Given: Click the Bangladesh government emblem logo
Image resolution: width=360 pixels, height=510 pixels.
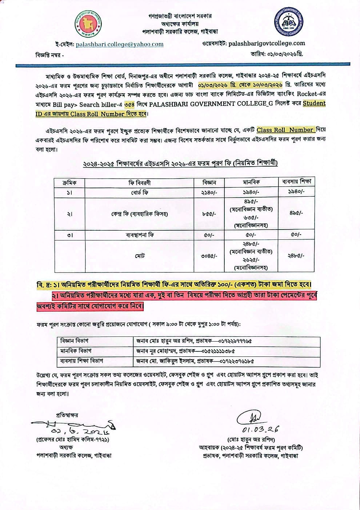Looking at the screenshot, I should pos(88,24).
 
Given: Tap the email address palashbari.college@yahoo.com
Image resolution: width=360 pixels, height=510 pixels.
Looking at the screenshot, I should pos(120,44).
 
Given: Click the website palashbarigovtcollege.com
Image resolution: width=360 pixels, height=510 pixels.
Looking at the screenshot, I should pos(267,43).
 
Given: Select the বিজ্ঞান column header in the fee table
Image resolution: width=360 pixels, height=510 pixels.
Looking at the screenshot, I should pos(209,182).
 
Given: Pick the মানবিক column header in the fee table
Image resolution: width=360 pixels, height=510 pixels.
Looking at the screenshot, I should pos(251,182).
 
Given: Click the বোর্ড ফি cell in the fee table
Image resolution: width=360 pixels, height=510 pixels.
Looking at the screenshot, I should pos(140,192).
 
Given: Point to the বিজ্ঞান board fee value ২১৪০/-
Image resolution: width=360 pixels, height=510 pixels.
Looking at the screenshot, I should pos(209,192).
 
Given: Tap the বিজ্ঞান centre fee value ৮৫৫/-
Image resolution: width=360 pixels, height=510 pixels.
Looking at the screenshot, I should pos(209,214).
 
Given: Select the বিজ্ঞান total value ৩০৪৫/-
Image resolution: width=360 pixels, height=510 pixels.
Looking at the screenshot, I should pos(209,256).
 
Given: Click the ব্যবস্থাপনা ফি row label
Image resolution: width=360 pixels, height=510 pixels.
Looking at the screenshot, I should pos(140,235).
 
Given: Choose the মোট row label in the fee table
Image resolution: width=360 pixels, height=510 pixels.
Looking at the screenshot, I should pos(140,256).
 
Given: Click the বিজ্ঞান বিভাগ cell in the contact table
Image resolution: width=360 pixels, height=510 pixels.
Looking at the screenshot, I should pos(75,341).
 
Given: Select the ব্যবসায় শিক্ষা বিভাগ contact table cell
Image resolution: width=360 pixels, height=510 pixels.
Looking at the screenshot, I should pos(82,361).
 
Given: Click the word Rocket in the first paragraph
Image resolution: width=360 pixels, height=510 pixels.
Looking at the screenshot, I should pos(307,94).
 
